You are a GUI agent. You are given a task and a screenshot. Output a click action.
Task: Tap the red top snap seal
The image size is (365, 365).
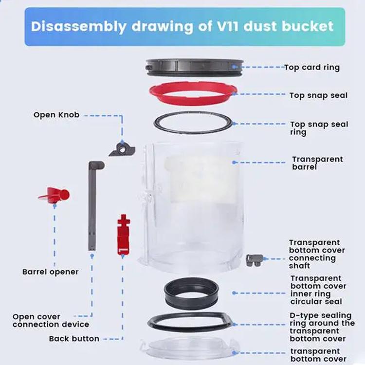193,100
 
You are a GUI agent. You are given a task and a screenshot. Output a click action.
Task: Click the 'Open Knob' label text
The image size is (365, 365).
56,115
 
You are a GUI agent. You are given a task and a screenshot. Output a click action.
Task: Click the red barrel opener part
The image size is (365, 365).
54,195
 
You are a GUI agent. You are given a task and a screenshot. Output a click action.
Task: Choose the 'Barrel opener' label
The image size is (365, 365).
51,272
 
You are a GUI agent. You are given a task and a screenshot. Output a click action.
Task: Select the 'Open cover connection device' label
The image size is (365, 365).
51,320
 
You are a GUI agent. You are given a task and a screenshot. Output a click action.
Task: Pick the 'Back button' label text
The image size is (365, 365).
74,339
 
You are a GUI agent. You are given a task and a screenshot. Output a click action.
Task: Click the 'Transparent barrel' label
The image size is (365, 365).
318,163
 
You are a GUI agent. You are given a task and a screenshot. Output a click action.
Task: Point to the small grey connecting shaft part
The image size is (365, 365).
254,260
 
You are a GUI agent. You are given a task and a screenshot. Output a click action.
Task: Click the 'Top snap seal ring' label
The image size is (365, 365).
319,128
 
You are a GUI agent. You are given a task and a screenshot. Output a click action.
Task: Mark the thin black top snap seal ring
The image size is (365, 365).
193,123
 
